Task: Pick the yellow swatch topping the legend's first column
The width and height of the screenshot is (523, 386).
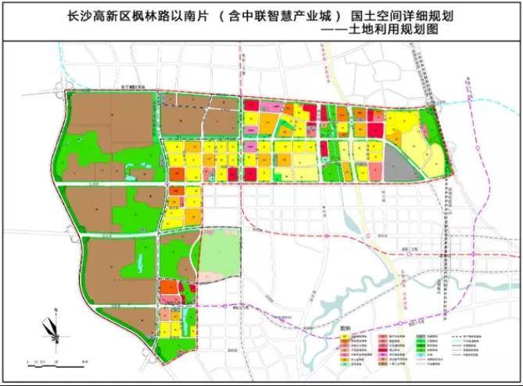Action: coord(343,338)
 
